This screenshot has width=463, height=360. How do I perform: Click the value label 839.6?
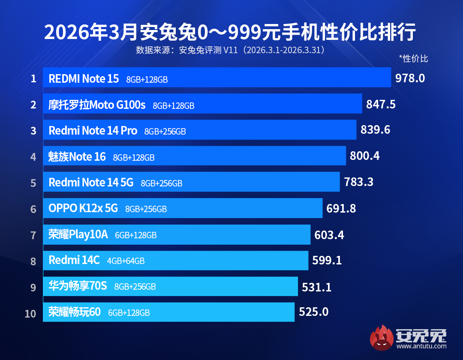coord(376,130)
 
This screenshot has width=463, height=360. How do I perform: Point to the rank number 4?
coord(33,156)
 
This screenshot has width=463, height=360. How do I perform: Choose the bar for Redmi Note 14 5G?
coord(191,182)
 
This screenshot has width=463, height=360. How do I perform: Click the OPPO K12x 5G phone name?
coord(83,209)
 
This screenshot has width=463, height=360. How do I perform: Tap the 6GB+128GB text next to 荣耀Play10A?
coord(136,235)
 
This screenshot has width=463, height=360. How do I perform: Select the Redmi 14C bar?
coord(176,260)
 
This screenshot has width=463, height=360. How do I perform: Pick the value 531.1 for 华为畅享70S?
coord(317,286)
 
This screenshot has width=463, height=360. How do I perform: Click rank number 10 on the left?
coord(30,313)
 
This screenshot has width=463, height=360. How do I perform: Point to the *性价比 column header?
coord(413,59)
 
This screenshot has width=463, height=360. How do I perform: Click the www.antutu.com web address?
coord(422,346)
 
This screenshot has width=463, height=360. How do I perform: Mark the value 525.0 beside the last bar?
coord(313,312)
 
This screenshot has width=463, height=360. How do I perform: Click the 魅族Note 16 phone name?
coord(77,157)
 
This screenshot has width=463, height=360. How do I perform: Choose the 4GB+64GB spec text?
coord(126,261)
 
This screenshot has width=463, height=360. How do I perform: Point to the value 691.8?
coord(341,208)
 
